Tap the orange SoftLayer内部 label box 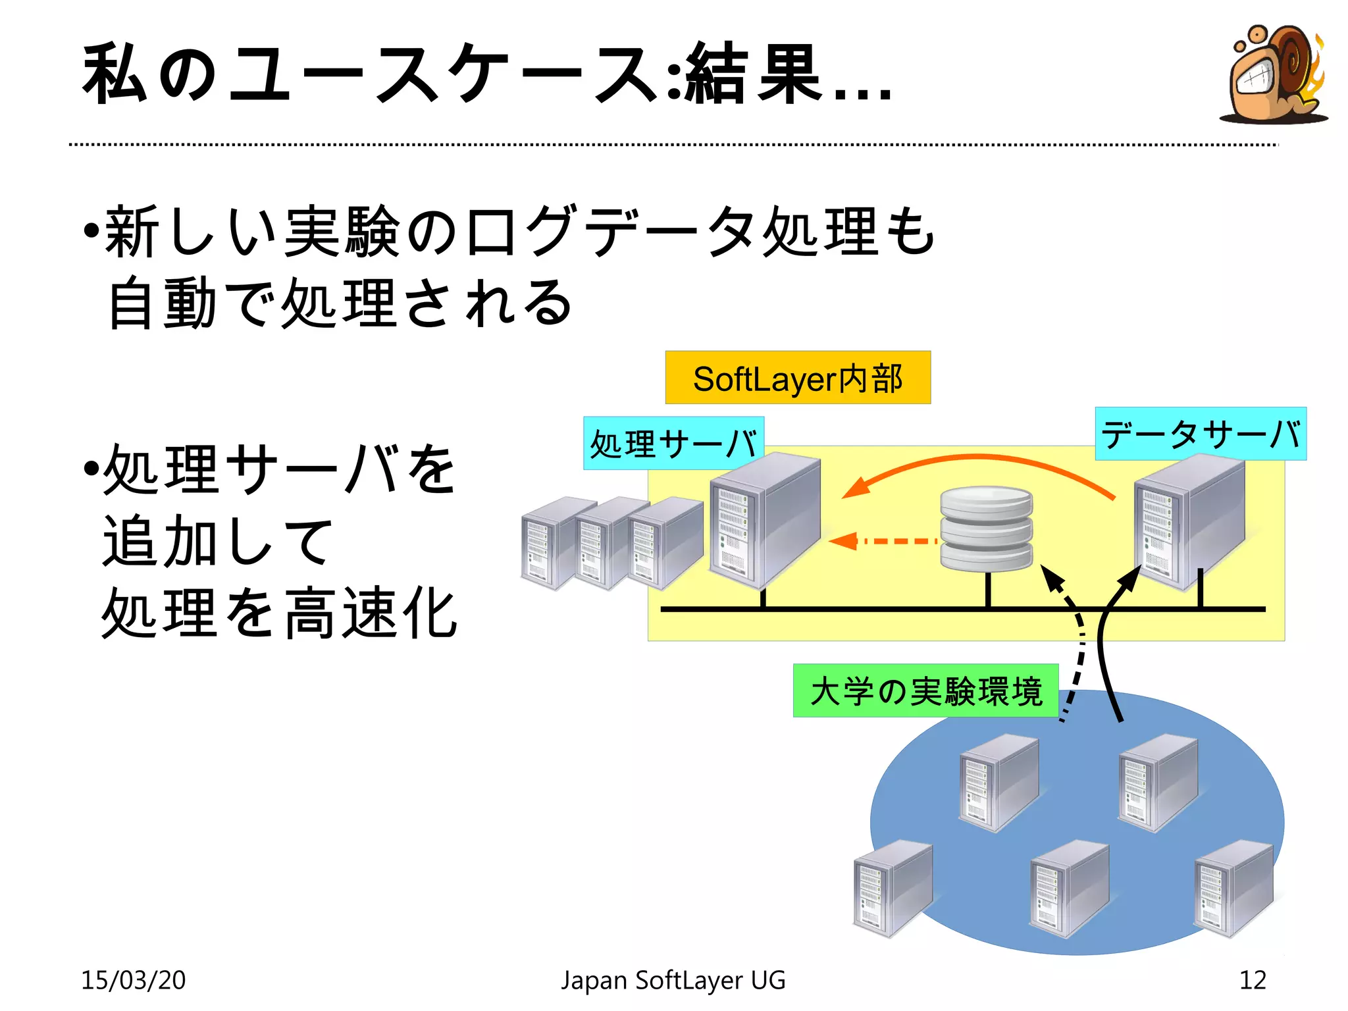[x=798, y=378]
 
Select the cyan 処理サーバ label [x=673, y=443]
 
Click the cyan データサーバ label [x=1201, y=434]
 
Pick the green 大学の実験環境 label [x=925, y=690]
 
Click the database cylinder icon [x=986, y=529]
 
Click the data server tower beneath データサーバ [x=1189, y=523]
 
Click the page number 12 [x=1253, y=980]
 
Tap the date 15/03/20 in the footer [x=134, y=980]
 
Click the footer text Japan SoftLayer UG [x=673, y=980]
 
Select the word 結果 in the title [x=754, y=74]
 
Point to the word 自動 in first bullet [x=162, y=303]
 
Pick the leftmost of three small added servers [x=550, y=543]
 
